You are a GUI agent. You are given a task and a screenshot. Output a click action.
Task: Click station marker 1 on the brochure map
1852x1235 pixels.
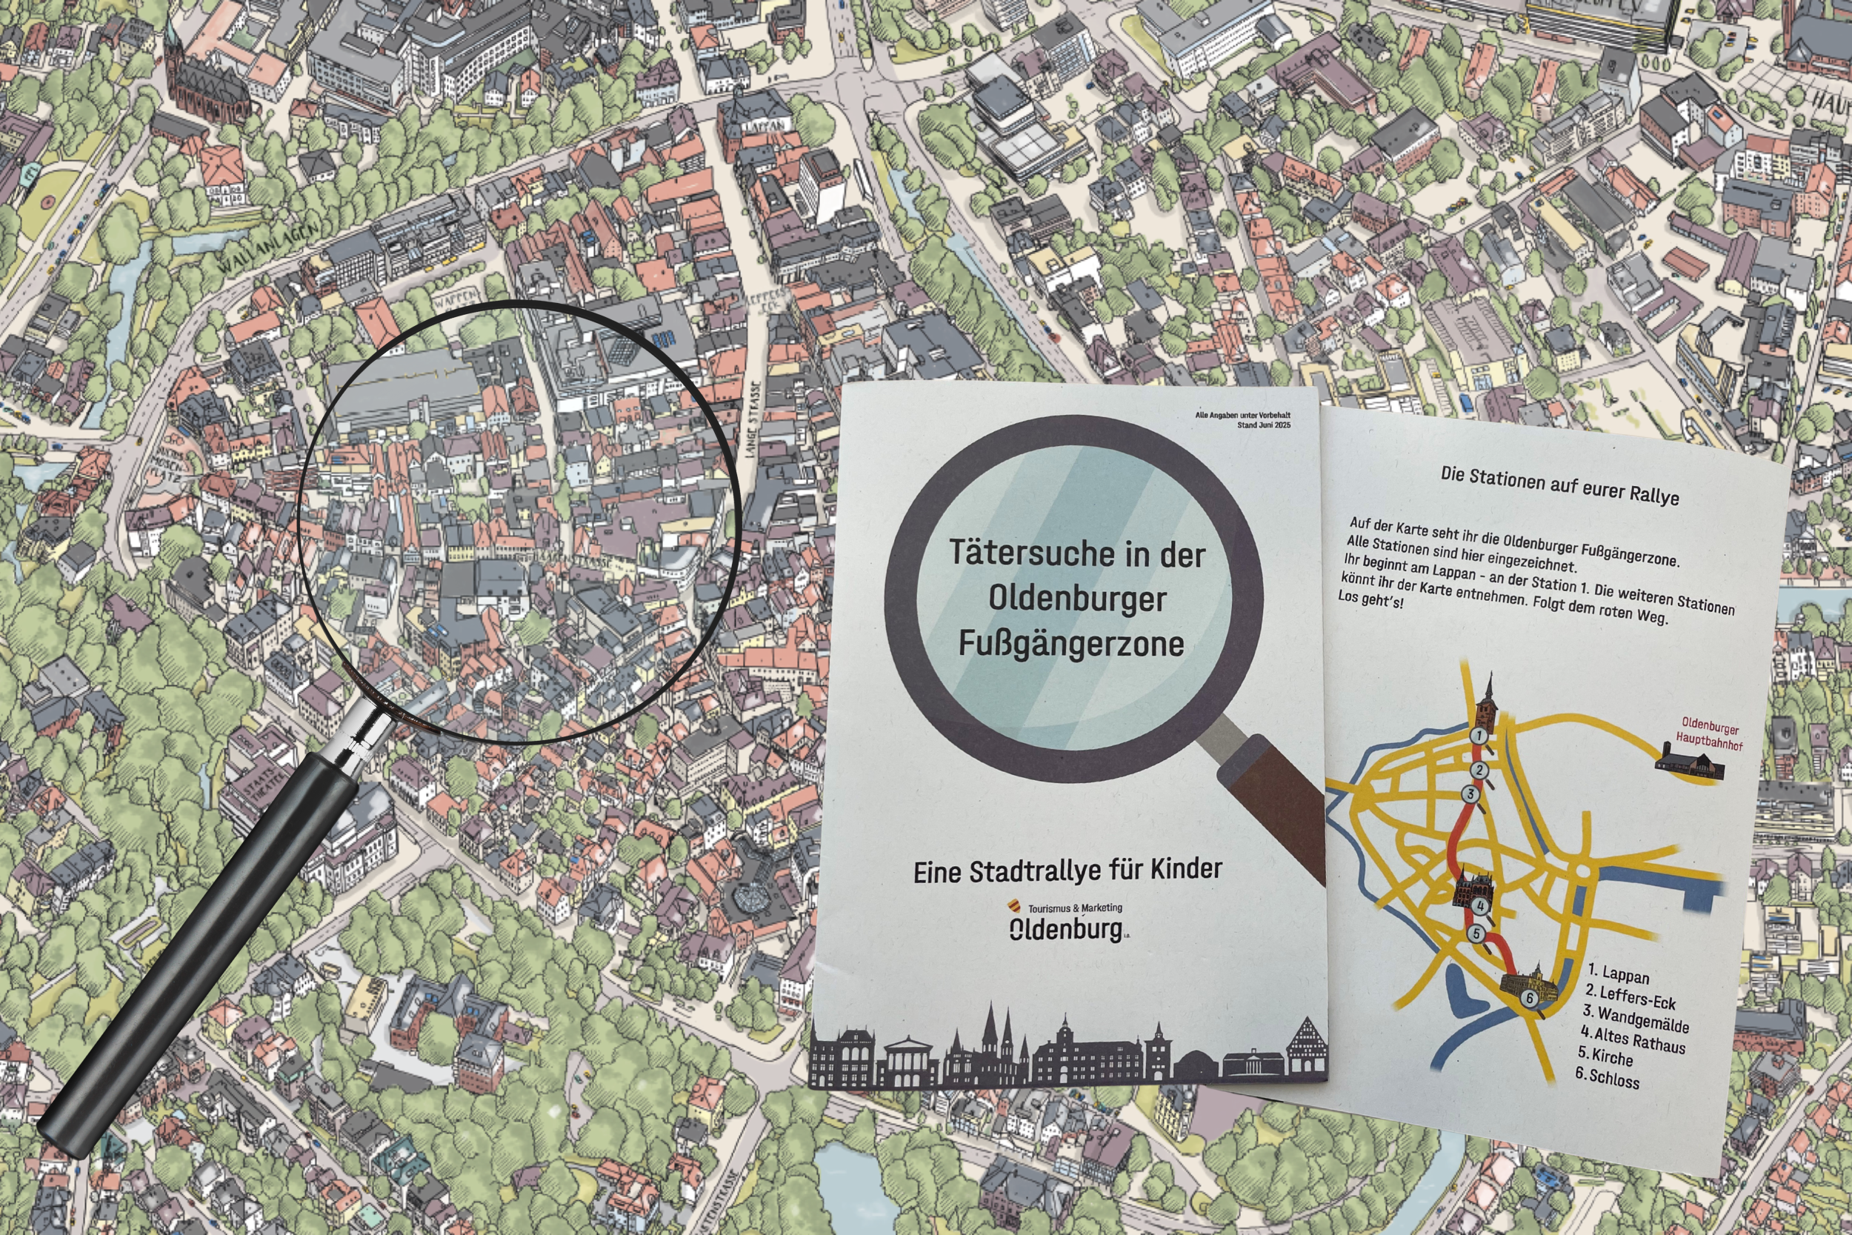point(1479,736)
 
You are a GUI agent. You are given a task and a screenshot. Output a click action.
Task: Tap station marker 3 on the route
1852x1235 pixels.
point(1469,794)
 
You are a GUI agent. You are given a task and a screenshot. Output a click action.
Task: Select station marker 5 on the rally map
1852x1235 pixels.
point(1476,934)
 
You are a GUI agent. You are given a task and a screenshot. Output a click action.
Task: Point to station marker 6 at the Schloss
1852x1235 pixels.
point(1530,998)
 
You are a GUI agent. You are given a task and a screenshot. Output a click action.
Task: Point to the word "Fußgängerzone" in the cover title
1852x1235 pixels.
point(1071,644)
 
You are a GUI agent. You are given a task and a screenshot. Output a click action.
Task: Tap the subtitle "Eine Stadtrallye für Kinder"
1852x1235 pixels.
point(1067,871)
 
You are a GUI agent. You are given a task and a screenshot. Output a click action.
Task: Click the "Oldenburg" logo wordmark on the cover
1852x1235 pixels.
point(1066,930)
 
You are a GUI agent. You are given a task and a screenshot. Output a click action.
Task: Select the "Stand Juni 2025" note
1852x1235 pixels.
point(1263,425)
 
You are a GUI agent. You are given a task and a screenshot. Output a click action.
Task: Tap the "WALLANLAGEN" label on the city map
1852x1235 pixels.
point(267,247)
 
